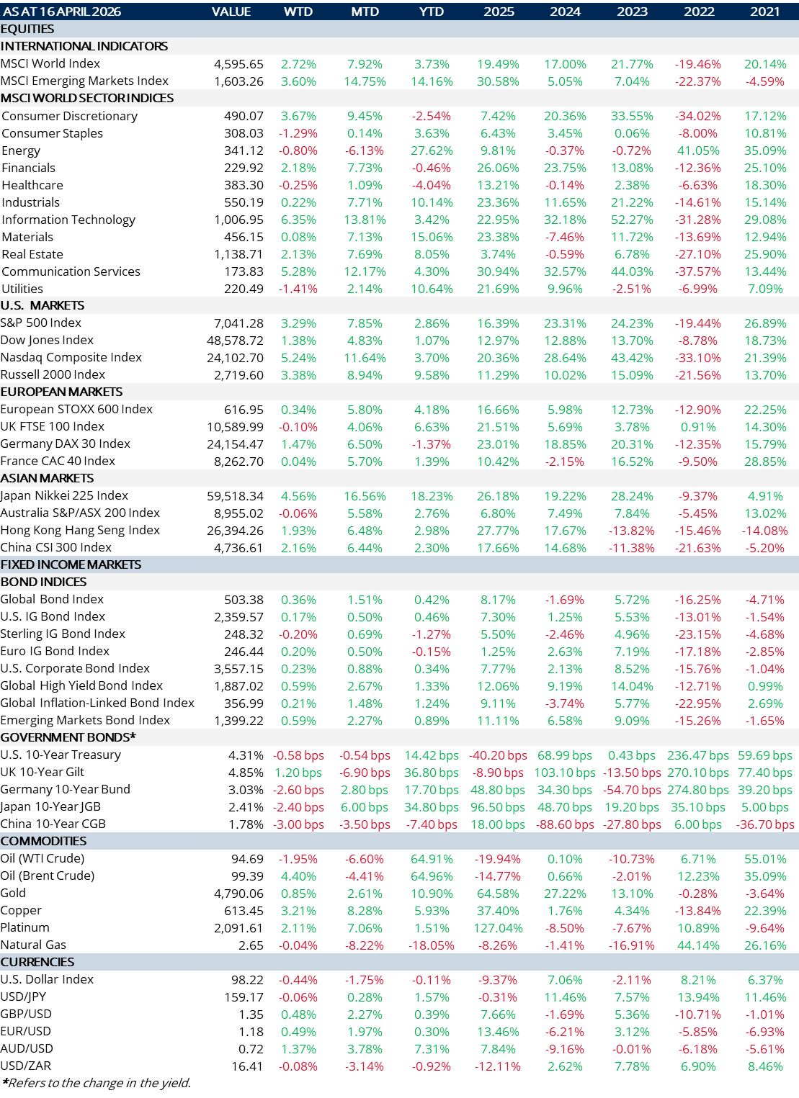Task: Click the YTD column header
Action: (432, 12)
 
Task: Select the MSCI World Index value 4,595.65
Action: (238, 64)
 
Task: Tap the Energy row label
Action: (21, 150)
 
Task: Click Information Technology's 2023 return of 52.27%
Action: (632, 220)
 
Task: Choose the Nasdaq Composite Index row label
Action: (71, 358)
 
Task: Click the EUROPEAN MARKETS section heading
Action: (61, 392)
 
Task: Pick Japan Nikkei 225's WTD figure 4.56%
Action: (298, 496)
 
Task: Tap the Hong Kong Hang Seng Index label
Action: (80, 531)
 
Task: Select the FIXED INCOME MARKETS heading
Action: (71, 564)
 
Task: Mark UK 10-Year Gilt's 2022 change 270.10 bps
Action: (698, 773)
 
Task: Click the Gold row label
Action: (13, 894)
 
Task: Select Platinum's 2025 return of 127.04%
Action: (498, 928)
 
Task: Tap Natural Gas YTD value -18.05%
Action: (432, 945)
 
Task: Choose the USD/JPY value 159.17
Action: (244, 997)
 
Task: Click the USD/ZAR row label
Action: (26, 1066)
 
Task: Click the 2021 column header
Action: (765, 12)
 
